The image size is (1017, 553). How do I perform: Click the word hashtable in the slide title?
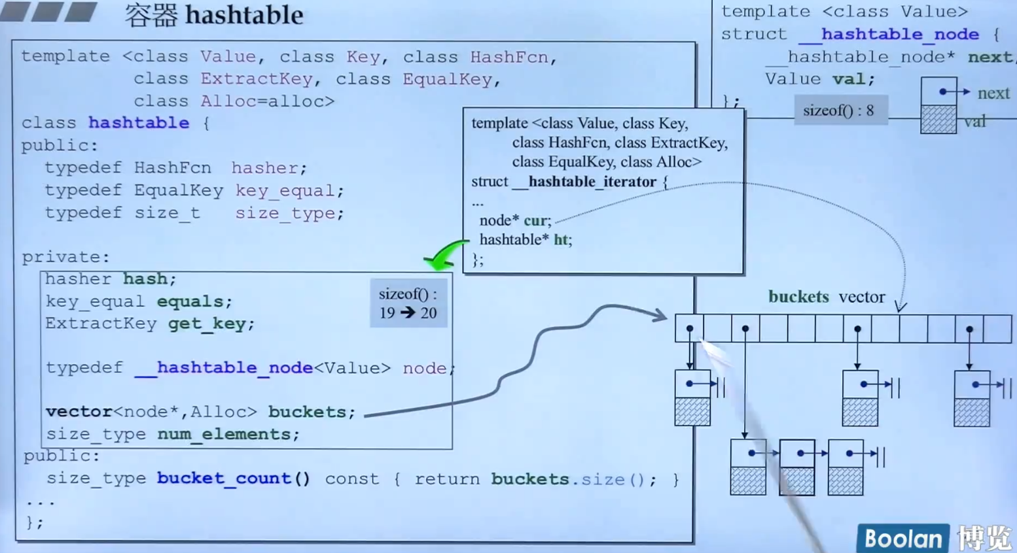tap(243, 15)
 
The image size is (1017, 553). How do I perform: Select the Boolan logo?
tap(903, 538)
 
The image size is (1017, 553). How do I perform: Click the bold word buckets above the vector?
tap(798, 297)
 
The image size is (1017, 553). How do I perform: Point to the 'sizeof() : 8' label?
tap(838, 110)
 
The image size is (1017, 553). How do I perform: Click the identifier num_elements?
tap(228, 434)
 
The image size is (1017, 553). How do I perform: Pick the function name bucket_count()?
tap(233, 478)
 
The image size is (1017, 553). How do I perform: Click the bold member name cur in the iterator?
tap(537, 220)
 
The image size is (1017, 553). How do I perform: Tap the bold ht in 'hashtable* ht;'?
tap(562, 240)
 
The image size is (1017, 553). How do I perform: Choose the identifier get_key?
tap(211, 324)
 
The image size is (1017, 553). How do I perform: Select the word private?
tap(65, 257)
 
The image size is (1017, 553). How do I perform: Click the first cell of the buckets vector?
tap(689, 329)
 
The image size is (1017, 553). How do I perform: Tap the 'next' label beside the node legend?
tap(993, 93)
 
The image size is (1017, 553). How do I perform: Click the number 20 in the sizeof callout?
tap(429, 313)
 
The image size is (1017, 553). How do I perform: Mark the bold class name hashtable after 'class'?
tap(139, 123)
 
